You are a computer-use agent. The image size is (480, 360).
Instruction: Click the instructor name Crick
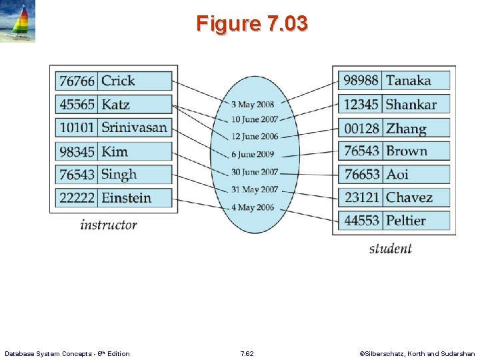[118, 81]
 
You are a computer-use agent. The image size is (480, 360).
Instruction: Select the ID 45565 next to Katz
[77, 105]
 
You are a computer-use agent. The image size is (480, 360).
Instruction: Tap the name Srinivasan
[134, 127]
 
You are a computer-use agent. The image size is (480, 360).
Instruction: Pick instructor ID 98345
[77, 151]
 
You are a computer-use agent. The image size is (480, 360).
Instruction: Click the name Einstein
[126, 197]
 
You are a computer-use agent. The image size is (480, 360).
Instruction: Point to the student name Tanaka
[408, 81]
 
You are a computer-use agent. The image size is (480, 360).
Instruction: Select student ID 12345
[361, 104]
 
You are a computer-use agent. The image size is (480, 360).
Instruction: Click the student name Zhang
[405, 128]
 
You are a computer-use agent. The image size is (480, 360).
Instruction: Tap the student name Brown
[406, 151]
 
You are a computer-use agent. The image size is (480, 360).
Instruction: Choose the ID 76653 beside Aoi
[361, 174]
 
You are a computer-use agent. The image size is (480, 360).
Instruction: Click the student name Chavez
[409, 197]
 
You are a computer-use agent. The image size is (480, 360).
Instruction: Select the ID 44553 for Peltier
[361, 220]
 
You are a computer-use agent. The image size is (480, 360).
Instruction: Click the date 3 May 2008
[252, 105]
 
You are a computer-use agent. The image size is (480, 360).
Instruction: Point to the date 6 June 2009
[252, 154]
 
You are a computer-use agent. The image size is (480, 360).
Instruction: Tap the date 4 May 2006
[252, 207]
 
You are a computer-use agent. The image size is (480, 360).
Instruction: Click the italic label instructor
[108, 225]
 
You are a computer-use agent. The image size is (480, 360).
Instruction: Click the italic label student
[390, 249]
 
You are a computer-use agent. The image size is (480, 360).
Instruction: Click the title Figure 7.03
[252, 24]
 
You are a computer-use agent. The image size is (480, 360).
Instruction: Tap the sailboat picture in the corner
[18, 21]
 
